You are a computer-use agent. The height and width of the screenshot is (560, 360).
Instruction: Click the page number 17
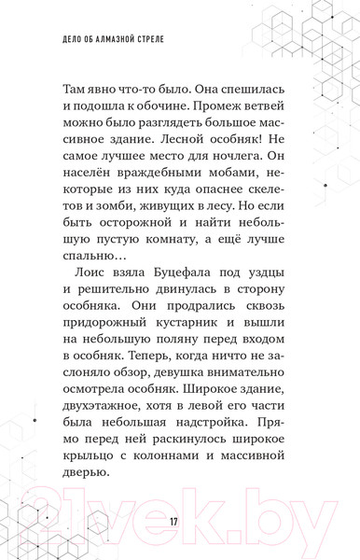[x=174, y=519]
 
